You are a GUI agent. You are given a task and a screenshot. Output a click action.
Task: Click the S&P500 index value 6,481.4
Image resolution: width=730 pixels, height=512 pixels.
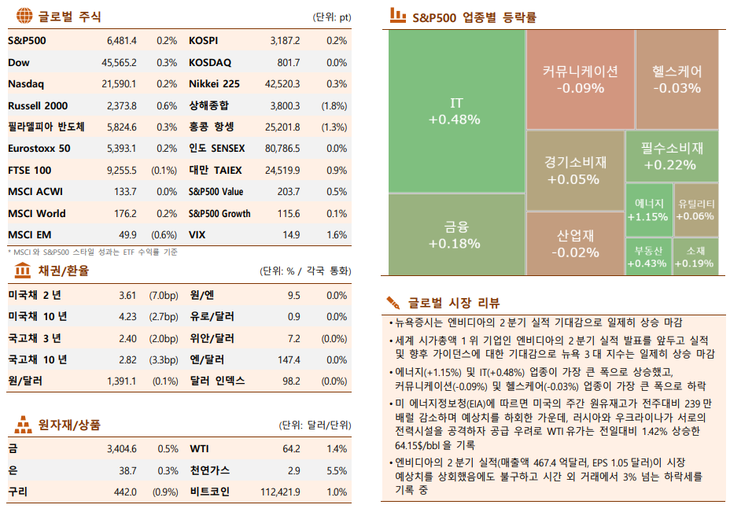point(121,40)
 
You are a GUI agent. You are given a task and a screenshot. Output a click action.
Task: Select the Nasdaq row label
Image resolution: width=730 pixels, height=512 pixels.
point(26,83)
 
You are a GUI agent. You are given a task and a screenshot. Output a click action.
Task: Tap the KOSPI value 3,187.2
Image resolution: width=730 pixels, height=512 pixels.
point(284,40)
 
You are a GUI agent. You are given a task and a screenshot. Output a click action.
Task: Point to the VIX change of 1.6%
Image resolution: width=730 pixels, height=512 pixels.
point(336,234)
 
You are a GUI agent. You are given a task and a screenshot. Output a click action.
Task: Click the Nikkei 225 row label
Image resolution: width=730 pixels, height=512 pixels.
point(214,83)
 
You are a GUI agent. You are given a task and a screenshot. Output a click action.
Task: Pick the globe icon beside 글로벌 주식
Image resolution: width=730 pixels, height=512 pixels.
point(24,17)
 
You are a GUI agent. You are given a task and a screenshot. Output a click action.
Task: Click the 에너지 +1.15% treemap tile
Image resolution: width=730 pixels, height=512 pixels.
point(649,210)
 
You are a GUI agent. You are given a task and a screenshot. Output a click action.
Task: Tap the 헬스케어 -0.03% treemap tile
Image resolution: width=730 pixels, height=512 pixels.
point(677,79)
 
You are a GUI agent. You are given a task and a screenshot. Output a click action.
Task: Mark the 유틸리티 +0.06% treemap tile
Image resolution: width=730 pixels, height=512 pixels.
point(695,210)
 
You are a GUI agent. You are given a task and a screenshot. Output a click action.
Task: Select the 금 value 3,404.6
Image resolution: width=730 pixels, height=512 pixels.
point(121,448)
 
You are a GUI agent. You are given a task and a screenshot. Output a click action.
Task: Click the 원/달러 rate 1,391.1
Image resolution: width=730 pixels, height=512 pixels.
point(121,381)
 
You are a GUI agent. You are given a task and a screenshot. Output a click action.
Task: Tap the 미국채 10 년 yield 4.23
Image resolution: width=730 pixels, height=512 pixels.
point(127,316)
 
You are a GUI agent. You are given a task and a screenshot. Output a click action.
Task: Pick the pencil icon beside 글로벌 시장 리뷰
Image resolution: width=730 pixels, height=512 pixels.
point(394,303)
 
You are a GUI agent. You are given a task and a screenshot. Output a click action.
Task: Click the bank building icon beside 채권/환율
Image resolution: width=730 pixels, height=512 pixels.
point(24,271)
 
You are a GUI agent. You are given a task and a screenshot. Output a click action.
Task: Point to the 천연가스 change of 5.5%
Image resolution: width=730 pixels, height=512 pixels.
point(336,470)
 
